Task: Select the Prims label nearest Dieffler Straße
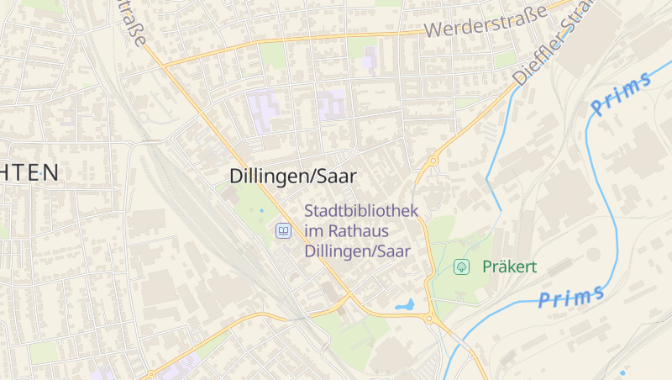621,93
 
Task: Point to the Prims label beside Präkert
571,296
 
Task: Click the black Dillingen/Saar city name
292,177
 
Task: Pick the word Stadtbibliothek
361,211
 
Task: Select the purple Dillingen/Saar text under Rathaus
357,251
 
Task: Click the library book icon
284,231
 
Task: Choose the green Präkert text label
509,267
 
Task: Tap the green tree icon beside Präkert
461,267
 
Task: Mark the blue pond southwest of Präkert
405,305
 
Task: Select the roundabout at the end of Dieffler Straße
433,160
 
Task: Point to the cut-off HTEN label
29,173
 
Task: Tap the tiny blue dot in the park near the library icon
261,209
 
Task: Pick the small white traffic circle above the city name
354,151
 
